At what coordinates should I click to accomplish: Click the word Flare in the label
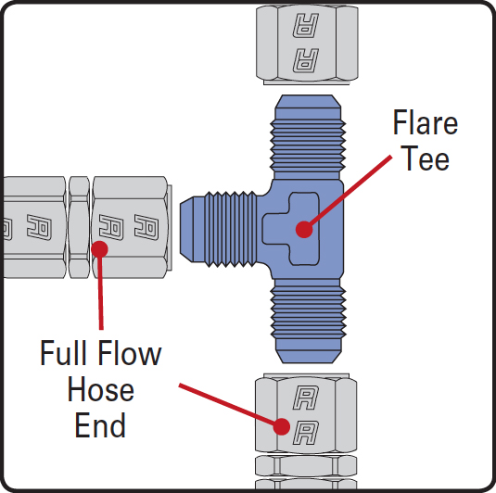click(x=426, y=122)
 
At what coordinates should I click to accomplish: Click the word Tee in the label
click(x=426, y=158)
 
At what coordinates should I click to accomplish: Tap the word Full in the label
click(x=63, y=352)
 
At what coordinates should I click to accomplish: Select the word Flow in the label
click(x=130, y=352)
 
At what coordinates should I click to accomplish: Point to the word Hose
click(x=101, y=389)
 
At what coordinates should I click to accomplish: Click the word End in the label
click(x=100, y=424)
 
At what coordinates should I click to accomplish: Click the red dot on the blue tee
click(x=304, y=229)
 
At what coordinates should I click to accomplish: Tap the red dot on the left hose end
click(x=99, y=249)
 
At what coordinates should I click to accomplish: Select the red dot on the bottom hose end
click(x=282, y=426)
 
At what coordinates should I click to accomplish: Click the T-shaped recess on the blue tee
click(x=291, y=229)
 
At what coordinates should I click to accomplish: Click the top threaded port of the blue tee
click(x=308, y=137)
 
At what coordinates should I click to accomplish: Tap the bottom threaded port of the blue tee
click(x=308, y=321)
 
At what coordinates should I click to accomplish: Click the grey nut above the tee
click(x=307, y=44)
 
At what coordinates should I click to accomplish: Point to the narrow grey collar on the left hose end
click(x=79, y=227)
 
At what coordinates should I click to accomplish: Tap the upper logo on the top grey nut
click(x=306, y=25)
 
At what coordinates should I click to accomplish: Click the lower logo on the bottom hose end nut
click(x=305, y=433)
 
